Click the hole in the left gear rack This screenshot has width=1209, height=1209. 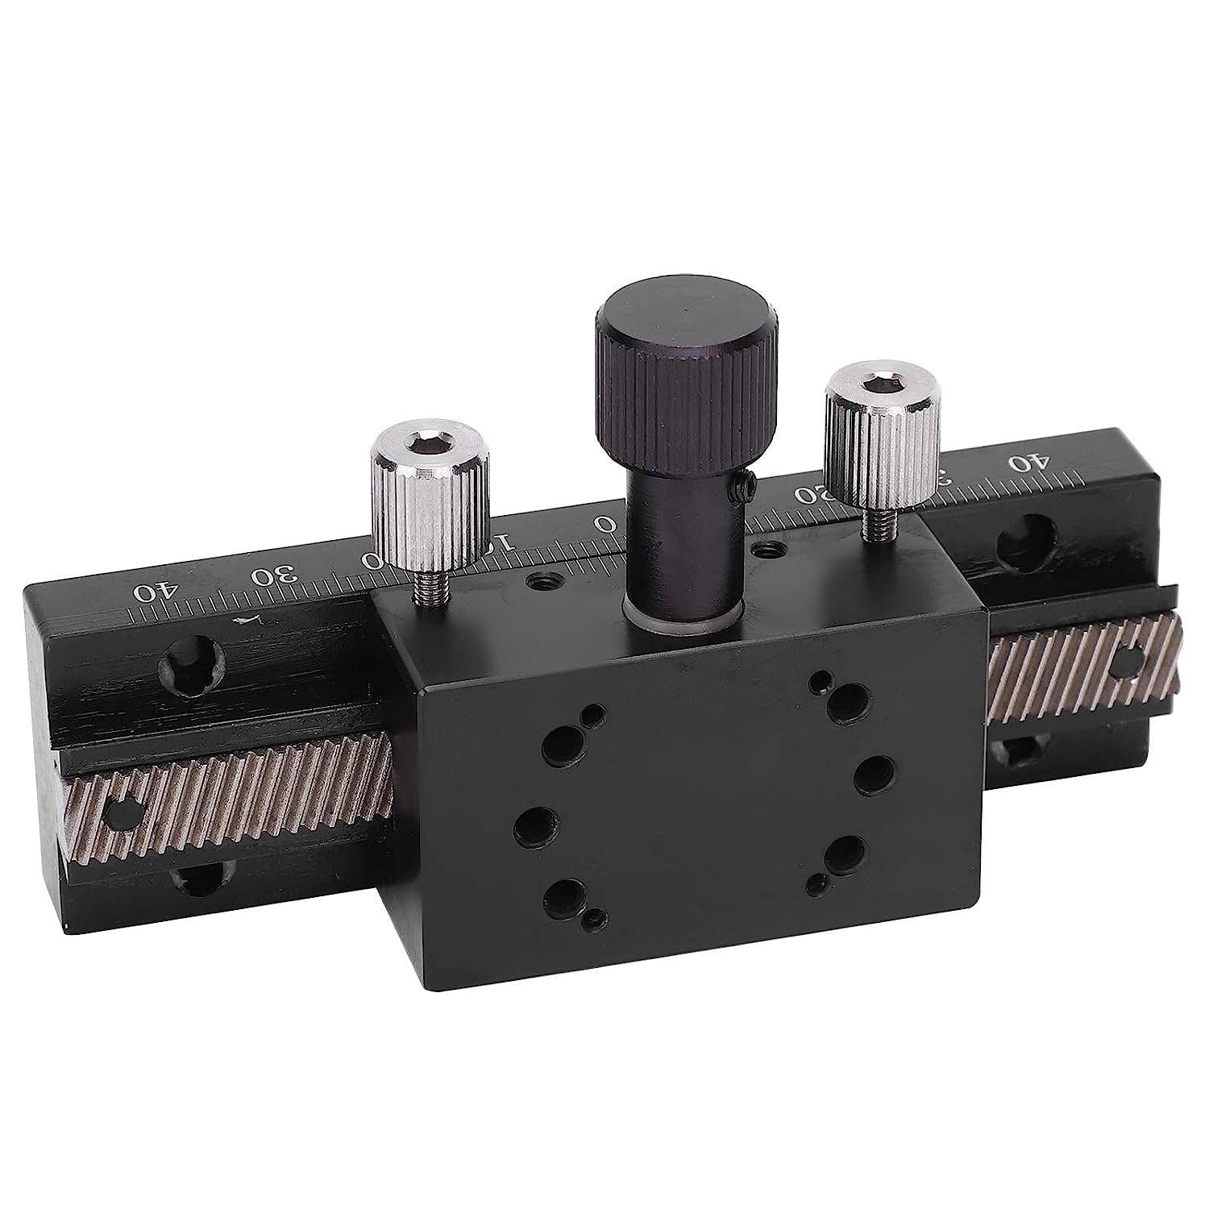122,813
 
